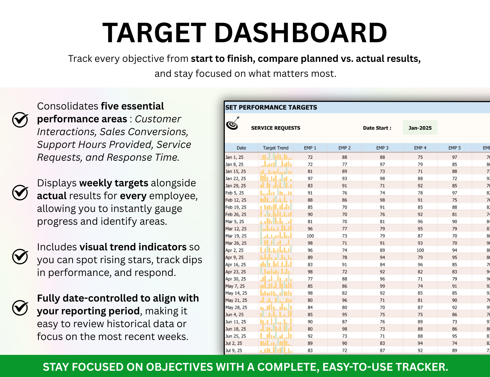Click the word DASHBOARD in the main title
(x=301, y=33)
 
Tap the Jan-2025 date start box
(x=420, y=128)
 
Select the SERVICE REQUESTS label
(x=275, y=128)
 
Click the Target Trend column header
(x=275, y=148)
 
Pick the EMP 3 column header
(x=382, y=148)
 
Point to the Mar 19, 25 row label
(x=236, y=236)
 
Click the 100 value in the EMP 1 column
(x=310, y=236)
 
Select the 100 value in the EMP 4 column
(x=420, y=250)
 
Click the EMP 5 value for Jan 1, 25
(x=454, y=157)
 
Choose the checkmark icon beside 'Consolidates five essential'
(x=20, y=120)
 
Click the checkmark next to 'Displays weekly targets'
(x=20, y=193)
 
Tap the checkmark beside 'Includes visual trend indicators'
(x=20, y=256)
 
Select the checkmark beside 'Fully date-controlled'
(x=20, y=308)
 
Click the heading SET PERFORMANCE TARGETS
(x=271, y=107)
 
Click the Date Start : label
(x=377, y=128)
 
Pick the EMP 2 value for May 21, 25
(x=344, y=300)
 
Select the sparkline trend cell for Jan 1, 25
(x=275, y=157)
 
